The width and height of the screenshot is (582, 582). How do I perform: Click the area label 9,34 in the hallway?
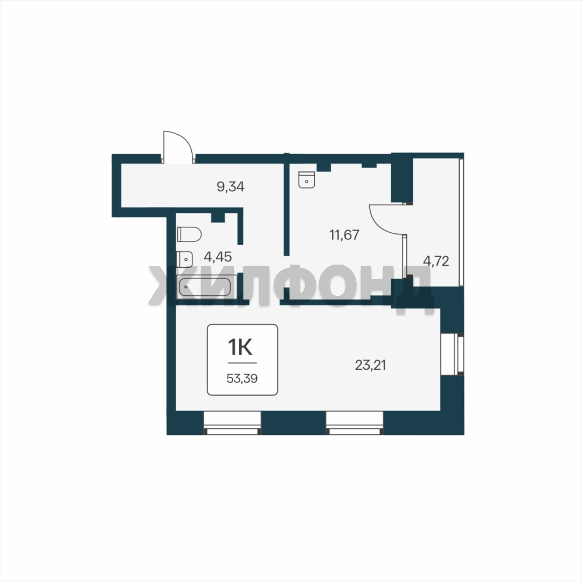[x=231, y=186]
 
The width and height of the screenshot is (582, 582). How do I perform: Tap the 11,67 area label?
[x=344, y=235]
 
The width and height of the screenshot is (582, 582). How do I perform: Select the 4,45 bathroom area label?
[x=218, y=257]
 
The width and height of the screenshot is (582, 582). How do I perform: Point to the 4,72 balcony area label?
[x=436, y=261]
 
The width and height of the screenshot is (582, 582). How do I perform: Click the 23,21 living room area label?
[x=370, y=365]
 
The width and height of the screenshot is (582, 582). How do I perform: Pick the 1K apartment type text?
[x=240, y=348]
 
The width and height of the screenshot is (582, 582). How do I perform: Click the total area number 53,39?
[x=242, y=379]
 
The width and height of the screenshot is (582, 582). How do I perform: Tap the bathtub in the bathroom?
[x=205, y=287]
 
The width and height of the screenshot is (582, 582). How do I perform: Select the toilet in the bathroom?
[x=189, y=234]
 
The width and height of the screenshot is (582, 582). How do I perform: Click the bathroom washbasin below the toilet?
[x=184, y=259]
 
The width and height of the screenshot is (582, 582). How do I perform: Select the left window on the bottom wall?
[x=232, y=423]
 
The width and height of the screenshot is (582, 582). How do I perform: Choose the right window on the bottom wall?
[x=355, y=423]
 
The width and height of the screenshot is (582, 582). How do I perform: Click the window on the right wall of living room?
[x=452, y=355]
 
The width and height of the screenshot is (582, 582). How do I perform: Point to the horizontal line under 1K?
[x=242, y=363]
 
